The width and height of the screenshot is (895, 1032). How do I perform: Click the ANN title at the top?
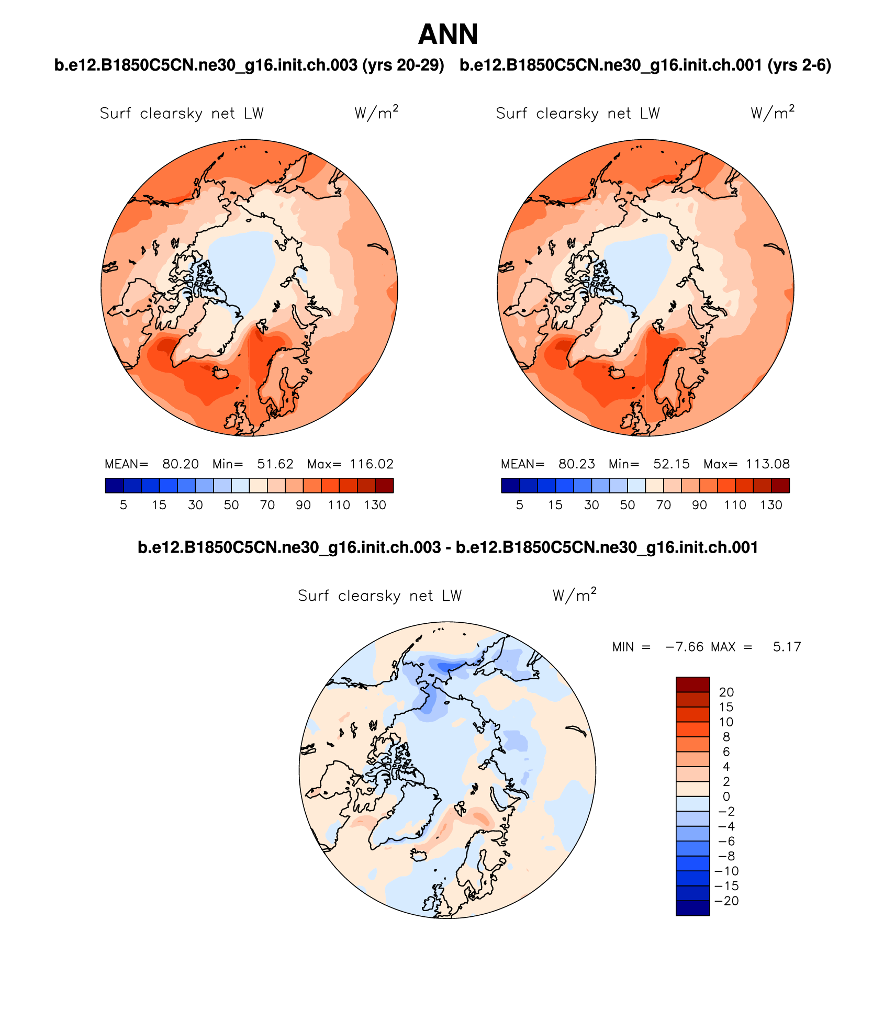click(448, 35)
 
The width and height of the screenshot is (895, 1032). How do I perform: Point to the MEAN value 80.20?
click(181, 464)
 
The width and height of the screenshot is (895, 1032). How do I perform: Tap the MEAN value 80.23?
click(577, 464)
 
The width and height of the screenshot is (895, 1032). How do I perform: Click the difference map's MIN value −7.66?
click(684, 647)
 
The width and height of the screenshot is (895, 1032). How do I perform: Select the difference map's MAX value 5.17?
click(787, 647)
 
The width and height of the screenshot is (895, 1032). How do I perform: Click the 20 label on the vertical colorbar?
click(726, 692)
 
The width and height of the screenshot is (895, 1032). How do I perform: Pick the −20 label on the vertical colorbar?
click(727, 901)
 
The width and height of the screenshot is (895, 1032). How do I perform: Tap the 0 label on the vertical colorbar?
click(726, 797)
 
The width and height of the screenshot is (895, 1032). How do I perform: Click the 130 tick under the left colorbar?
click(375, 505)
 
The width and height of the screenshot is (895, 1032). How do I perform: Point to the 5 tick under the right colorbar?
click(519, 505)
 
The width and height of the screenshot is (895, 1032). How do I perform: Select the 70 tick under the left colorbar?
click(267, 505)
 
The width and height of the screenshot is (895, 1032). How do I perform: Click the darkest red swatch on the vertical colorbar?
click(692, 685)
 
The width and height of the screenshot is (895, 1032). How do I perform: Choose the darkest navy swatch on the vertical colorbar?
click(692, 908)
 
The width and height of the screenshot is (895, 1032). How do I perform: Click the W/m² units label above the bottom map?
click(574, 596)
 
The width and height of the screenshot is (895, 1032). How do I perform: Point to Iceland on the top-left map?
click(220, 373)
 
